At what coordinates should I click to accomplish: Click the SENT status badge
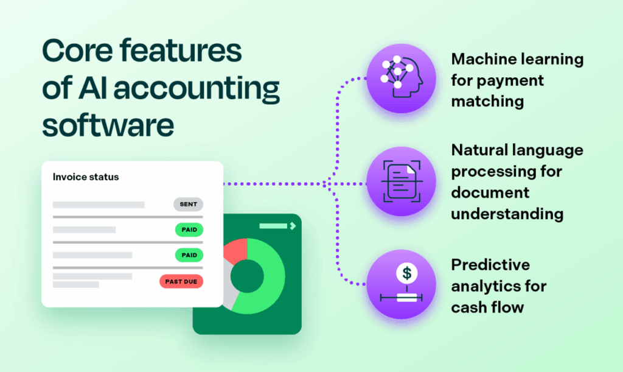click(x=188, y=205)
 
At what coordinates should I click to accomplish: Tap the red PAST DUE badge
click(x=181, y=281)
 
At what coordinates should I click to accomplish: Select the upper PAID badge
click(x=189, y=230)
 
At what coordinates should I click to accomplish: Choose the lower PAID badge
click(x=189, y=255)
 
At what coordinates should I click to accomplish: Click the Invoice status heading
click(x=86, y=177)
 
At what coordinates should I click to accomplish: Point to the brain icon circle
click(x=402, y=78)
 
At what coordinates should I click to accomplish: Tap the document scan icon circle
click(x=402, y=182)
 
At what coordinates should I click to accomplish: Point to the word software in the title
click(x=108, y=126)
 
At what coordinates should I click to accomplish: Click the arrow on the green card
click(x=293, y=226)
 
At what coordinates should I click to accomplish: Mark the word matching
click(x=487, y=100)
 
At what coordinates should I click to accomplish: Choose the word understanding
click(x=507, y=214)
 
